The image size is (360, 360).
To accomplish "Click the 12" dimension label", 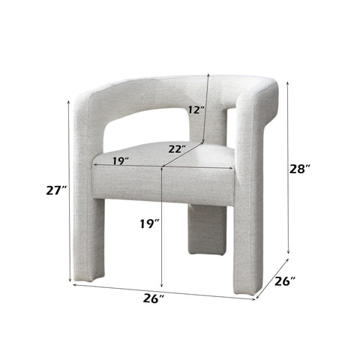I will click(x=196, y=109).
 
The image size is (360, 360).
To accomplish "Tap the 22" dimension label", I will click(x=178, y=149).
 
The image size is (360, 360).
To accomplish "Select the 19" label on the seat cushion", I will click(x=118, y=160).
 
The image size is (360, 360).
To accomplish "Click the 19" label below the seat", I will click(x=149, y=223).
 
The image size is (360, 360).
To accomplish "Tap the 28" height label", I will click(x=300, y=169).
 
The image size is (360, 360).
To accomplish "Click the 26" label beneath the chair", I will click(x=153, y=298).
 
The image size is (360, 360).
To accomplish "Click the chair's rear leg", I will click(x=204, y=228).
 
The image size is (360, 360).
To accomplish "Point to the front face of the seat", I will click(x=161, y=184).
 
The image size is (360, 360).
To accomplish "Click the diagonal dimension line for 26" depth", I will click(x=272, y=278).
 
